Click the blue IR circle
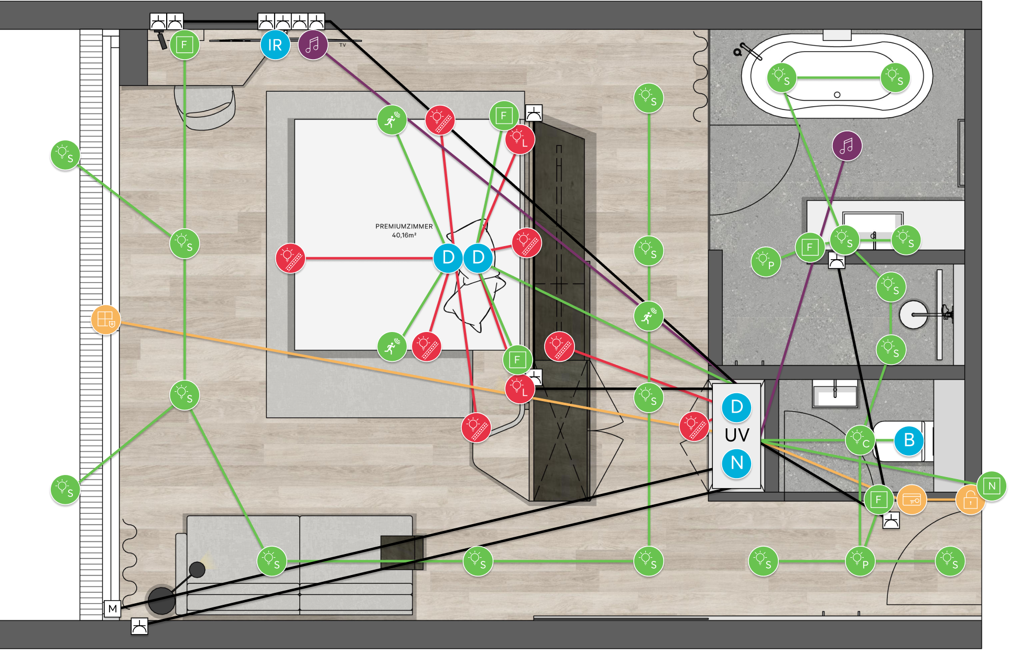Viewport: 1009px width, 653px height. (x=275, y=45)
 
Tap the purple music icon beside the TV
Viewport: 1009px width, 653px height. (x=313, y=45)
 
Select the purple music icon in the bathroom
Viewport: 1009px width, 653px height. (x=847, y=146)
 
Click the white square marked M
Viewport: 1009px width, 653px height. (x=112, y=608)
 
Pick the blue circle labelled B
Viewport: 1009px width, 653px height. (x=909, y=440)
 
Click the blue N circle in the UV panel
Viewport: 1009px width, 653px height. (x=736, y=463)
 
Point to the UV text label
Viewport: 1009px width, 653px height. (x=736, y=435)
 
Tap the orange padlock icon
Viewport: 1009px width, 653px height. (x=970, y=500)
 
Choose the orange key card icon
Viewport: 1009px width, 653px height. (x=912, y=500)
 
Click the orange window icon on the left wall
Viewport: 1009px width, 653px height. (x=106, y=319)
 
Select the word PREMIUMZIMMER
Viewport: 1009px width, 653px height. (x=404, y=226)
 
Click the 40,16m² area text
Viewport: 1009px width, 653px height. (x=404, y=236)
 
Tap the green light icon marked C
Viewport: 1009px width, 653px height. (x=860, y=440)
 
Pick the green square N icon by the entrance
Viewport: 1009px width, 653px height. (x=992, y=486)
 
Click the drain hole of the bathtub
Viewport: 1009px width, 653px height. (x=837, y=95)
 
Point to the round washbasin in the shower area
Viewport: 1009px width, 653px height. (x=913, y=315)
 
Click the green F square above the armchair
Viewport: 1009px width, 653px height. (x=184, y=45)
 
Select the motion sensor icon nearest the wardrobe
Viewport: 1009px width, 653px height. (x=648, y=316)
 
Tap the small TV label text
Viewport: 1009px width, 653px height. (x=342, y=46)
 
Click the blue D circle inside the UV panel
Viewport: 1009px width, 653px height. (x=736, y=407)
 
